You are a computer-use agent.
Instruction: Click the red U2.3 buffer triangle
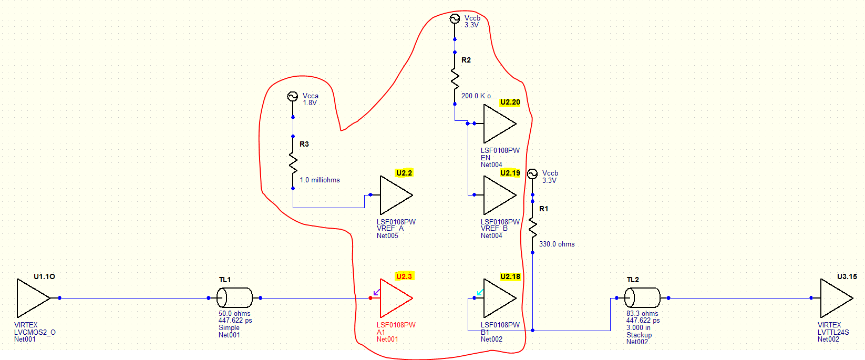(x=394, y=298)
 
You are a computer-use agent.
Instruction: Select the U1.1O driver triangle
(x=31, y=298)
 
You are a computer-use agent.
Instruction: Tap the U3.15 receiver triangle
(x=834, y=298)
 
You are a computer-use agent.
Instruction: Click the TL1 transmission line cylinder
(x=235, y=298)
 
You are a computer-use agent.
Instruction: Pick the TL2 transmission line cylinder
(x=642, y=298)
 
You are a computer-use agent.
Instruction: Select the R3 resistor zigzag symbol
(x=293, y=162)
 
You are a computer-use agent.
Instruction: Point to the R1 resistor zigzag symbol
(x=532, y=227)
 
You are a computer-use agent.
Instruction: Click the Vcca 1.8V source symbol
(x=293, y=96)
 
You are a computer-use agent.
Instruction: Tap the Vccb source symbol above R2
(x=455, y=19)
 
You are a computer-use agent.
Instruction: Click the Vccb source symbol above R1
(x=532, y=174)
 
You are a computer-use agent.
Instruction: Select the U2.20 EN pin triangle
(x=498, y=124)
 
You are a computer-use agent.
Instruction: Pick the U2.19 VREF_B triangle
(x=498, y=195)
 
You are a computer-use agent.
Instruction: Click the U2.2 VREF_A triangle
(x=394, y=195)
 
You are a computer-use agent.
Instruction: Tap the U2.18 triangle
(x=498, y=298)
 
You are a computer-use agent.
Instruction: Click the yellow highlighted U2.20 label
(x=510, y=102)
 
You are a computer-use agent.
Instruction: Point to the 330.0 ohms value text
(x=557, y=244)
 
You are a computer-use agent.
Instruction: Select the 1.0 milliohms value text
(x=320, y=180)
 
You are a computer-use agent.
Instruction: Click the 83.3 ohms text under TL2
(x=642, y=313)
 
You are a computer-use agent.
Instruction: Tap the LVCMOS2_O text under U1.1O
(x=35, y=332)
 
